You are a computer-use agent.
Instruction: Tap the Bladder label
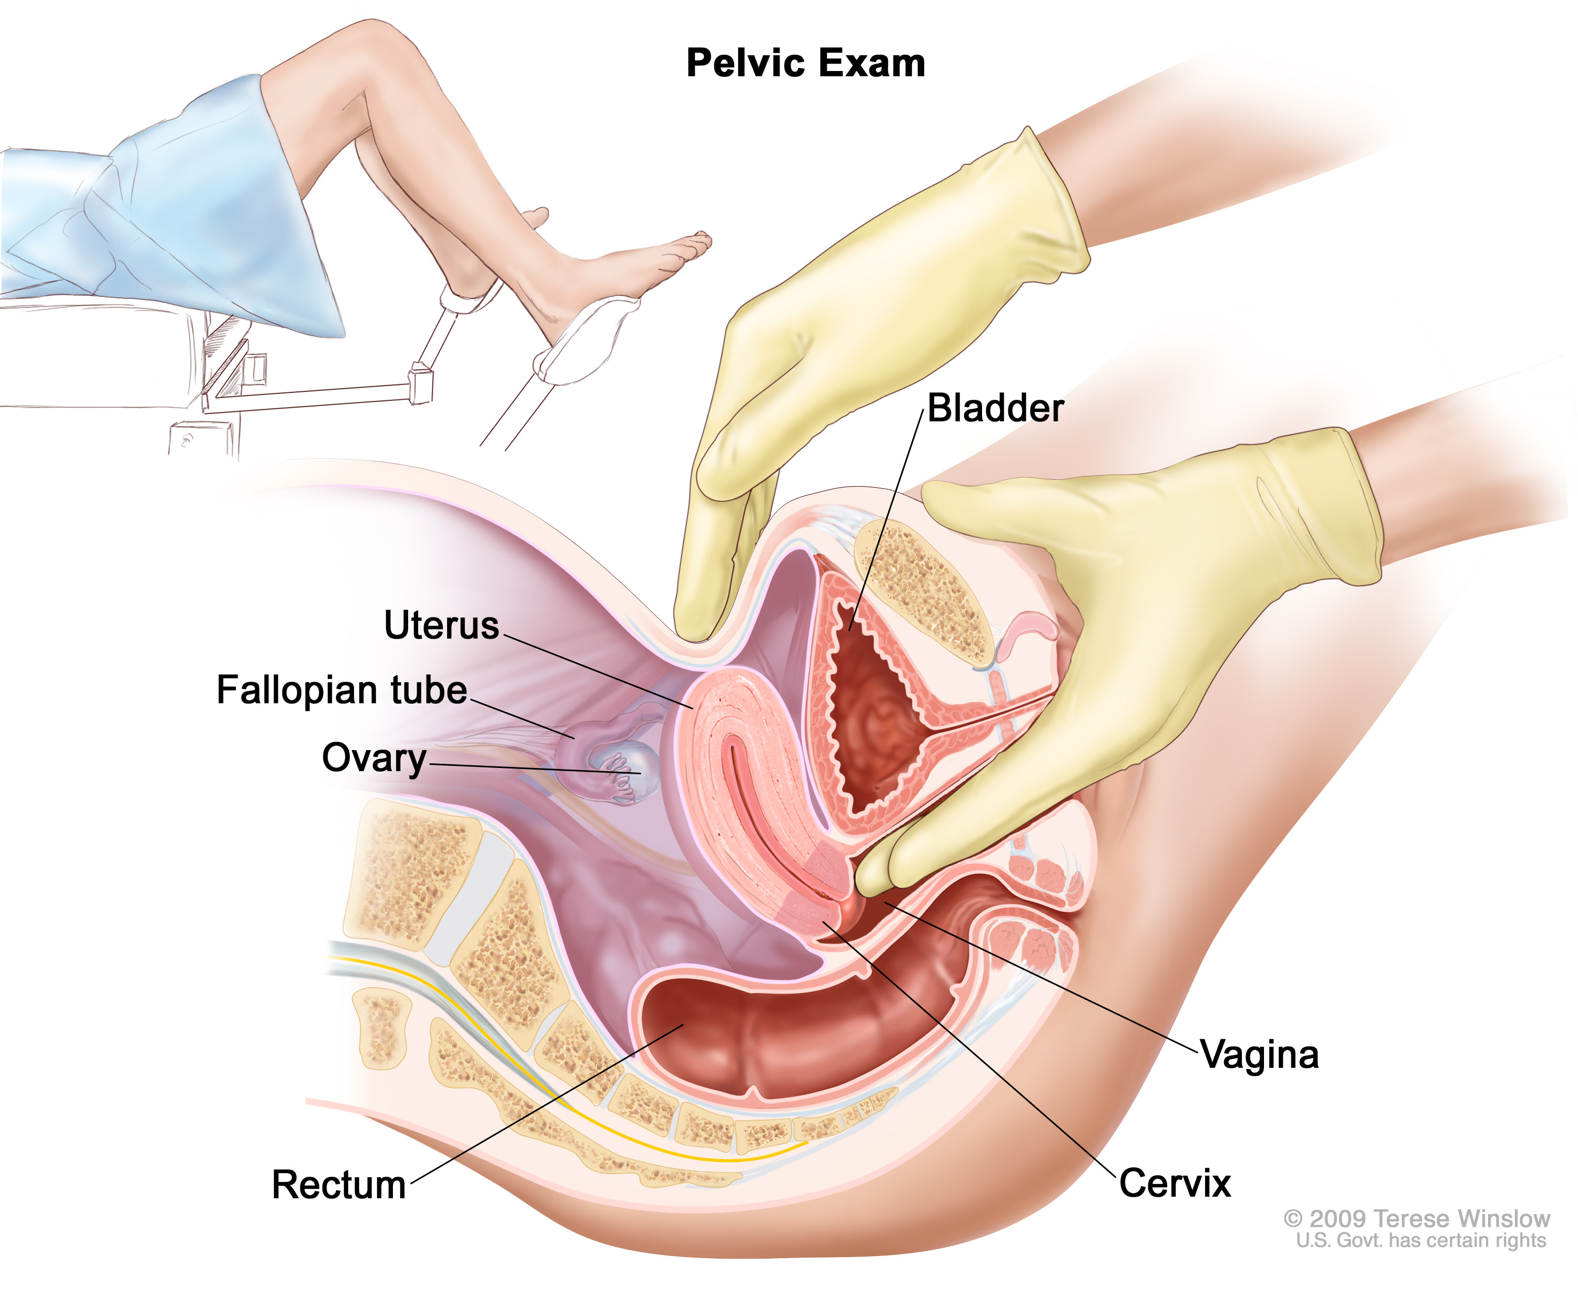tap(995, 409)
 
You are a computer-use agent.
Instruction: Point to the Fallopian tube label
tap(341, 690)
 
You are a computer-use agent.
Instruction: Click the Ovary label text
tap(374, 758)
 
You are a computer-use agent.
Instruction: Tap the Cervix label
tap(1175, 1184)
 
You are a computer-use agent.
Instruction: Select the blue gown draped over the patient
tap(171, 216)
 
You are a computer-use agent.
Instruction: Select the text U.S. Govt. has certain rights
tap(1421, 1240)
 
